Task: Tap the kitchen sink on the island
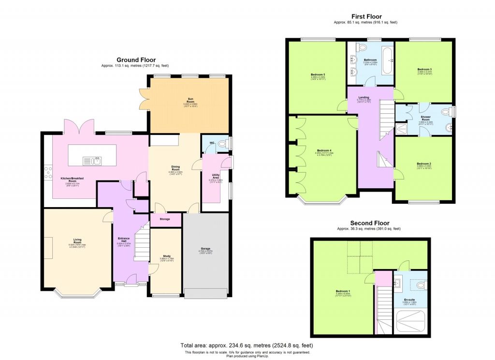coord(91,160)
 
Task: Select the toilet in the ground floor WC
coord(223,144)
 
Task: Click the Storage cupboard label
coord(165,219)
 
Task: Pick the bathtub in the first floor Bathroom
coord(387,60)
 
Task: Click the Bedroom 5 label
coord(318,75)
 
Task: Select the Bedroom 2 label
coord(424,164)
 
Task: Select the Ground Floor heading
coord(135,60)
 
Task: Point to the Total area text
coord(247,345)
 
